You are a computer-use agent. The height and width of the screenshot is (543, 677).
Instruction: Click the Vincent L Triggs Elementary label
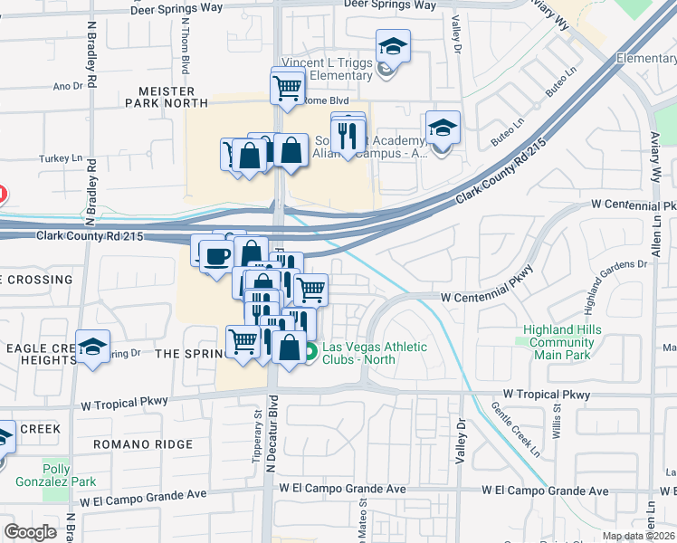327,69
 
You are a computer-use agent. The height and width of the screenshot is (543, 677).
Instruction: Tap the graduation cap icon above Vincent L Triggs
393,45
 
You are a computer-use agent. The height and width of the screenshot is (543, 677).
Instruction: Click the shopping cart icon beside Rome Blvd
287,89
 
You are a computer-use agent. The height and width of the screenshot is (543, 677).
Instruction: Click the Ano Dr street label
68,87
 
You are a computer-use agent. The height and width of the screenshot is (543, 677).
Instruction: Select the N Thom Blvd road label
186,50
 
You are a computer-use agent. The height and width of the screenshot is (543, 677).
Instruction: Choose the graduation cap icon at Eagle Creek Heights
92,347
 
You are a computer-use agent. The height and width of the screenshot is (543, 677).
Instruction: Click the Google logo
30,532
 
